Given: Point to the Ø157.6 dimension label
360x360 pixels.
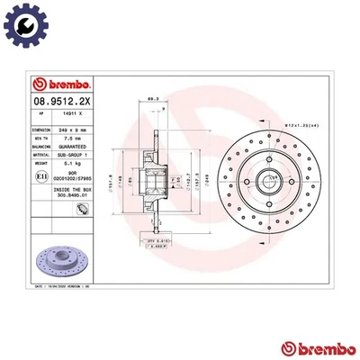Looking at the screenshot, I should pos(111,180).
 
